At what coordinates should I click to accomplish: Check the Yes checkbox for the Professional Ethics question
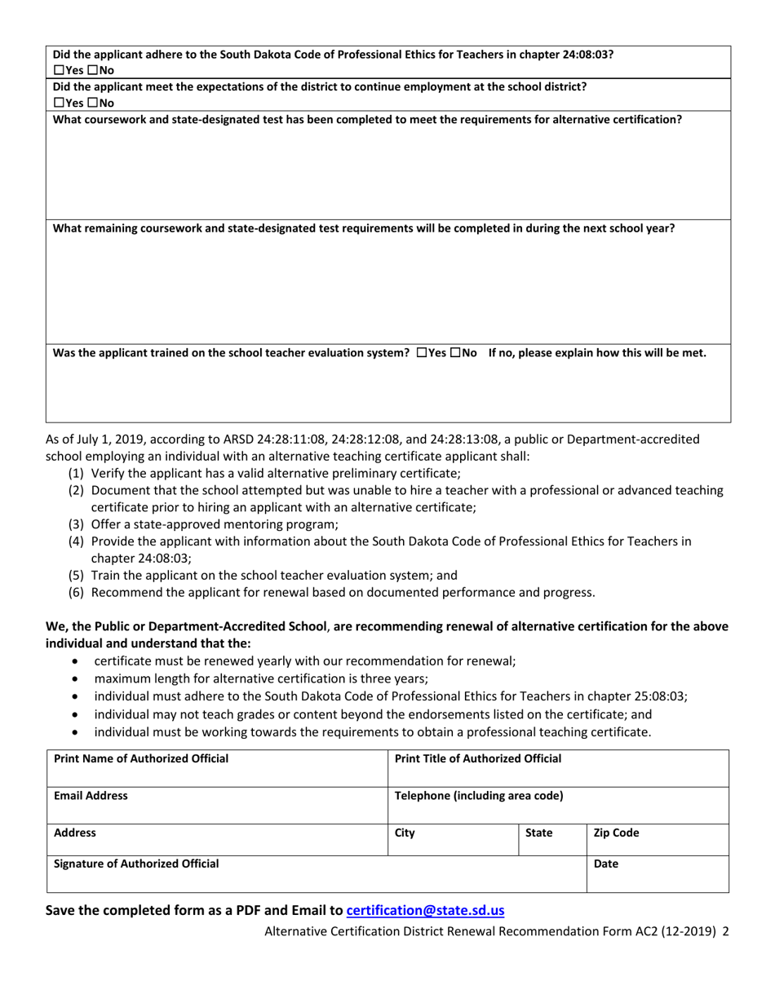pyautogui.click(x=58, y=68)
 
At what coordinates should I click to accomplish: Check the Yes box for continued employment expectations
pyautogui.click(x=58, y=103)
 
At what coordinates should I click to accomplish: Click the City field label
pyautogui.click(x=405, y=833)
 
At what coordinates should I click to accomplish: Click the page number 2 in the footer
pyautogui.click(x=725, y=932)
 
